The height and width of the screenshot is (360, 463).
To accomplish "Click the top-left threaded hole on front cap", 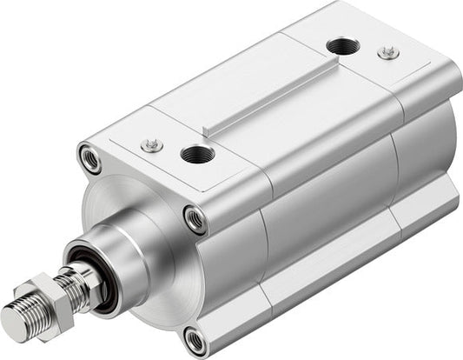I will [89, 158].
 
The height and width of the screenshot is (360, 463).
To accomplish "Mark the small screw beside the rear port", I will [388, 53].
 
